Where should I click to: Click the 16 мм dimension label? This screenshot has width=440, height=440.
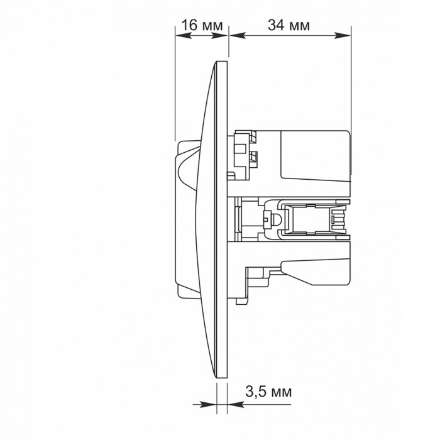pyautogui.click(x=202, y=25)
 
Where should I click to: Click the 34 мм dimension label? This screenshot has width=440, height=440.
pyautogui.click(x=289, y=25)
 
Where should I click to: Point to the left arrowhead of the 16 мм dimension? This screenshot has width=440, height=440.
pyautogui.click(x=184, y=35)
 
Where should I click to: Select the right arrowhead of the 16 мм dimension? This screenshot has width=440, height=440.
pyautogui.click(x=219, y=35)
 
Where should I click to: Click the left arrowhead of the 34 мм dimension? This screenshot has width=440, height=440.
pyautogui.click(x=238, y=35)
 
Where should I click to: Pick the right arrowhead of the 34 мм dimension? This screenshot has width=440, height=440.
pyautogui.click(x=343, y=35)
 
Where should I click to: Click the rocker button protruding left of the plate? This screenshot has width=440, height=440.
pyautogui.click(x=187, y=219)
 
